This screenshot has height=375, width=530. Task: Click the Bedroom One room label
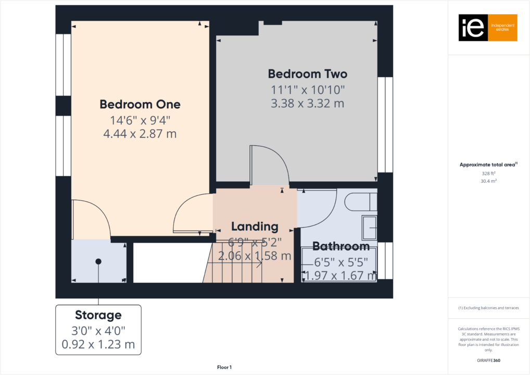(140, 104)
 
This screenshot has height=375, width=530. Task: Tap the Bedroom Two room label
(307, 73)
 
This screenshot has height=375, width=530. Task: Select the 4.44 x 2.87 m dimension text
(140, 134)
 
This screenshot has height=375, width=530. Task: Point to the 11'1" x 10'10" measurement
(307, 89)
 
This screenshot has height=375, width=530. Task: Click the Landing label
(255, 227)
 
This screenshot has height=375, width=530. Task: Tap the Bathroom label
(341, 246)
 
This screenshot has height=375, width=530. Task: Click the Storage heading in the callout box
(98, 315)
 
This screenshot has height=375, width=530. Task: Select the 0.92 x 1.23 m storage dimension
(98, 344)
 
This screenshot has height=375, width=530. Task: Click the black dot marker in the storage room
(98, 261)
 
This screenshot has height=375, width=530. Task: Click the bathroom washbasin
(369, 228)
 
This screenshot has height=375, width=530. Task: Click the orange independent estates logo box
(502, 28)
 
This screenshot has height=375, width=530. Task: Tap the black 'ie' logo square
(473, 28)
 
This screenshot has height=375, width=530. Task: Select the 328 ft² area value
(488, 173)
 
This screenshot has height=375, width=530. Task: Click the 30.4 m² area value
(488, 181)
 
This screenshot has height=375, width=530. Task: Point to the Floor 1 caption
(224, 368)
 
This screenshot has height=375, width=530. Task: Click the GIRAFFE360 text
(488, 360)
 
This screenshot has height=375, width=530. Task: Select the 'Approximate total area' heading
(487, 165)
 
